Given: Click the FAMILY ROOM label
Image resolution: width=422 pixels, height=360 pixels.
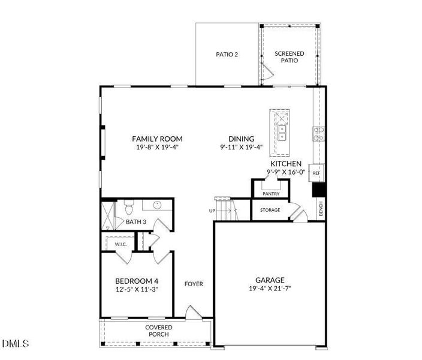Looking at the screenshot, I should click(x=157, y=139).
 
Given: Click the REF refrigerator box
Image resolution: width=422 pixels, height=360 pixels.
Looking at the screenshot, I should click(x=316, y=173).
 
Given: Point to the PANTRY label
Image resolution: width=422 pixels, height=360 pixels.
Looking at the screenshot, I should click(x=271, y=194).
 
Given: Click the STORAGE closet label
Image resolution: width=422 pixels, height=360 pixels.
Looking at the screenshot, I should click(x=270, y=210).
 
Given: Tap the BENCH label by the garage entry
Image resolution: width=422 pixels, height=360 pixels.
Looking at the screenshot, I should click(x=321, y=209).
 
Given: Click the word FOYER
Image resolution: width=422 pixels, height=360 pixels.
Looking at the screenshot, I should click(x=193, y=284).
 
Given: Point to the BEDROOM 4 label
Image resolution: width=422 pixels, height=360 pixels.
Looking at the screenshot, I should click(x=137, y=281).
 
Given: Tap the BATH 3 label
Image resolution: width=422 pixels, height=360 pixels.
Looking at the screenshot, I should click(x=136, y=222).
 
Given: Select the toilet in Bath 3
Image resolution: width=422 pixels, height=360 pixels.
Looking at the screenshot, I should click(x=128, y=208).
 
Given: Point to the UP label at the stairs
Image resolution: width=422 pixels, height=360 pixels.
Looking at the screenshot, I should click(x=212, y=211).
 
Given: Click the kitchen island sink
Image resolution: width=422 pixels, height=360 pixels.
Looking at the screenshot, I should click(x=281, y=131).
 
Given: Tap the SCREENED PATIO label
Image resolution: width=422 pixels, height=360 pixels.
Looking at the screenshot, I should click(x=289, y=58).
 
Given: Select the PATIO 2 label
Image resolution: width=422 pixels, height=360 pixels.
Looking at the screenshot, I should click(x=227, y=55).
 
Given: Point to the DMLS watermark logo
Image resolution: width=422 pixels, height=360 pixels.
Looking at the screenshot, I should click(x=16, y=344).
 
